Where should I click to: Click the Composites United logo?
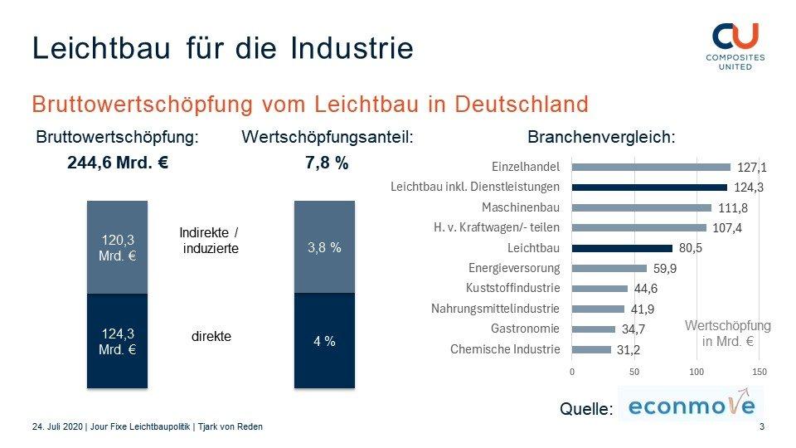coord(735,46)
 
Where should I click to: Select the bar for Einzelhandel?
coord(651,167)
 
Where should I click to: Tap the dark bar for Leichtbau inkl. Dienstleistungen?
coord(649,187)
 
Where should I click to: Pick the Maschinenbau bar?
coord(642,207)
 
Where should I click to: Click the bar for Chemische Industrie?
coord(591,349)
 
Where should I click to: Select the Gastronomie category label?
coord(525,329)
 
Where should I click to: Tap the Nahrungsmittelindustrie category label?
coord(496,309)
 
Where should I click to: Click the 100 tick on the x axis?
coord(696,372)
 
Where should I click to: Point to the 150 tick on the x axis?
coord(758,372)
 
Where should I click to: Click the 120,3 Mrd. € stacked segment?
coord(117,247)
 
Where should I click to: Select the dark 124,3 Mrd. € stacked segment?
coord(117,341)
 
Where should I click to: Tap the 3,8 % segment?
coord(324,247)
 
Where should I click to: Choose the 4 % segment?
coord(324,341)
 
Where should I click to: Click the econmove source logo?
coord(691,406)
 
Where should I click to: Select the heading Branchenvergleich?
coord(601,138)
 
